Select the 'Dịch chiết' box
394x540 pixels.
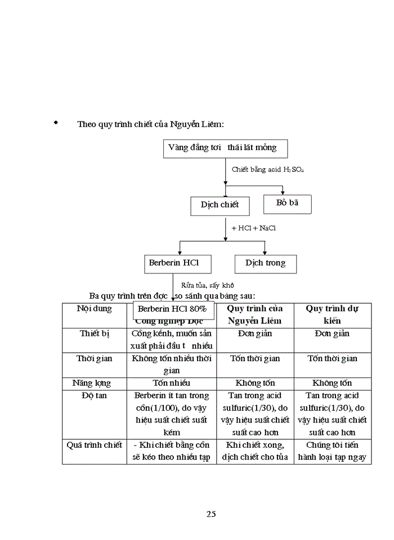[x=220, y=205]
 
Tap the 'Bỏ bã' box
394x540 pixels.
[x=287, y=203]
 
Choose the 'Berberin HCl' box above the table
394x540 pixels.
[x=173, y=263]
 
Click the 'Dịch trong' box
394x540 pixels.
[x=265, y=263]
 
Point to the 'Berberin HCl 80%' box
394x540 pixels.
[x=172, y=309]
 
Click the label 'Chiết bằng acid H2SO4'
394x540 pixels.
[x=268, y=169]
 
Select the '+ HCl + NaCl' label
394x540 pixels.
[x=253, y=228]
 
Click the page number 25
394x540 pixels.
[x=211, y=514]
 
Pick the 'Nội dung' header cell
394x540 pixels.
[x=95, y=309]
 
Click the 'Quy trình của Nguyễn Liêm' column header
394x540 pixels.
[x=255, y=314]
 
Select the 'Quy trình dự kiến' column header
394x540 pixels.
[x=332, y=314]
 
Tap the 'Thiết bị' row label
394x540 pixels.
[x=95, y=334]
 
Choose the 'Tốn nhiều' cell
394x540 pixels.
[x=172, y=383]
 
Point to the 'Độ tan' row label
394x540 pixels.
[x=95, y=395]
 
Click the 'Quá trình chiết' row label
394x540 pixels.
[x=95, y=445]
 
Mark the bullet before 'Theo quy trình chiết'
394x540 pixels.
[x=55, y=122]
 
